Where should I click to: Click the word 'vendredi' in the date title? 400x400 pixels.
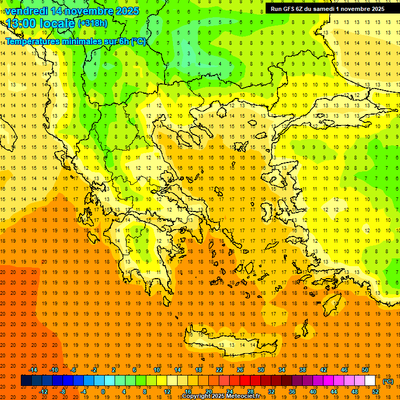(27, 11)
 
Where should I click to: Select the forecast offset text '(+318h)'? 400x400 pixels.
(93, 23)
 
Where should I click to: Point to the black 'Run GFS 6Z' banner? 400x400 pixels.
(328, 8)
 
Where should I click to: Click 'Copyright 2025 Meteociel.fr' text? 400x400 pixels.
(221, 396)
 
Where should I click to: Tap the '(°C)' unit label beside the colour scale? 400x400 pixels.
(388, 381)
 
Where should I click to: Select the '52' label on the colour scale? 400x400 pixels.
(376, 392)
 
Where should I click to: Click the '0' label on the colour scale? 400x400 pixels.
(103, 392)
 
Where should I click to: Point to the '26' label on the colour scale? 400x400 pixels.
(240, 370)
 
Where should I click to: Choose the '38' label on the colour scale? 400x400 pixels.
(303, 370)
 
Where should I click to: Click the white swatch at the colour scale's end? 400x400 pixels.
(370, 381)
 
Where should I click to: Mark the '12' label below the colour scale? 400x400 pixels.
(167, 392)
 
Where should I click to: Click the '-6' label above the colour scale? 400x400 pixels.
(73, 370)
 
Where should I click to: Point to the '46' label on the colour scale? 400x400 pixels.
(344, 370)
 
